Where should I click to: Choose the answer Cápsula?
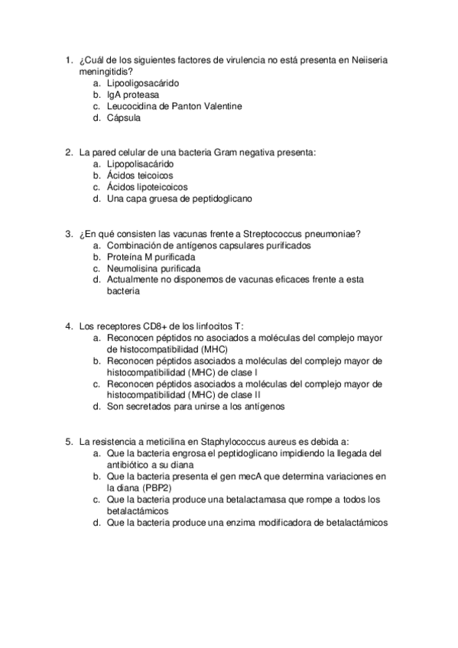click(x=124, y=118)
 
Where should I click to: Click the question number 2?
click(x=68, y=152)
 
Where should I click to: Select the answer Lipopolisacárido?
click(x=141, y=164)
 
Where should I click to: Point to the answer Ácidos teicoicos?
click(x=140, y=175)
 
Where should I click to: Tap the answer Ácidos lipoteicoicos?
click(x=147, y=187)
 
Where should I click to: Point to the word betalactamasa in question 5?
click(x=248, y=500)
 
